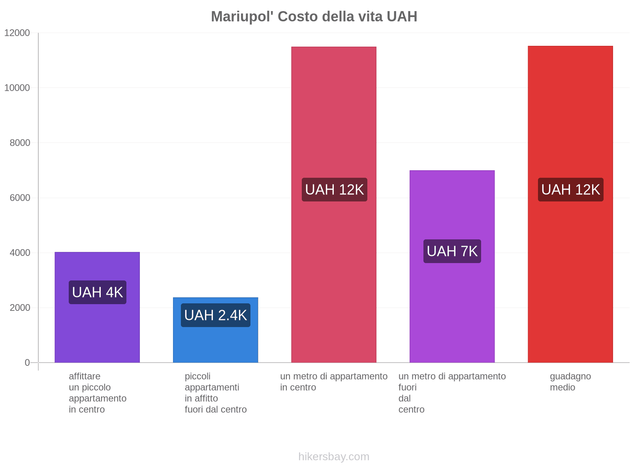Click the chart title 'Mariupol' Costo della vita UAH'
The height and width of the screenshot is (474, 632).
pos(314,17)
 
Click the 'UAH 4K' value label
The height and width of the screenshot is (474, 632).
pos(98,292)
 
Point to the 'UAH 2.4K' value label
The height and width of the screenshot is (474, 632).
pos(215,315)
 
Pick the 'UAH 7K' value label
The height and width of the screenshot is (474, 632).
pos(452,251)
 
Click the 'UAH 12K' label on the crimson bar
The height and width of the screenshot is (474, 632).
pos(334,190)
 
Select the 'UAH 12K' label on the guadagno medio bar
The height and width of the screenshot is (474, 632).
pos(570,190)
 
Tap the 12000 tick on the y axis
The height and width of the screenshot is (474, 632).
pos(17,33)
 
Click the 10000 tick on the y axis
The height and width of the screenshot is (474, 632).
pos(17,88)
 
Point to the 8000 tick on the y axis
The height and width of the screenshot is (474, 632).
pos(20,143)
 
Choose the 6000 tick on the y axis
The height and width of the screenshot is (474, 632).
pos(20,197)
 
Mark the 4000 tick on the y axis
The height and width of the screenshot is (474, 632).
pos(20,252)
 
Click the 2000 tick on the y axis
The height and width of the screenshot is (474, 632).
pos(20,307)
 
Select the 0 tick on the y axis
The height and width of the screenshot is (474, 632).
pos(27,362)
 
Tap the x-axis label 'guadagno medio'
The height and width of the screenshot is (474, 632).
pos(570,382)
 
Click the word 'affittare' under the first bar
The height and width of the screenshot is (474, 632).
pos(85,376)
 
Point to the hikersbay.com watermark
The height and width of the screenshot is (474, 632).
pos(334,457)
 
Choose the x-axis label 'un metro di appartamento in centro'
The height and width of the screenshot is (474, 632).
pos(334,382)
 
